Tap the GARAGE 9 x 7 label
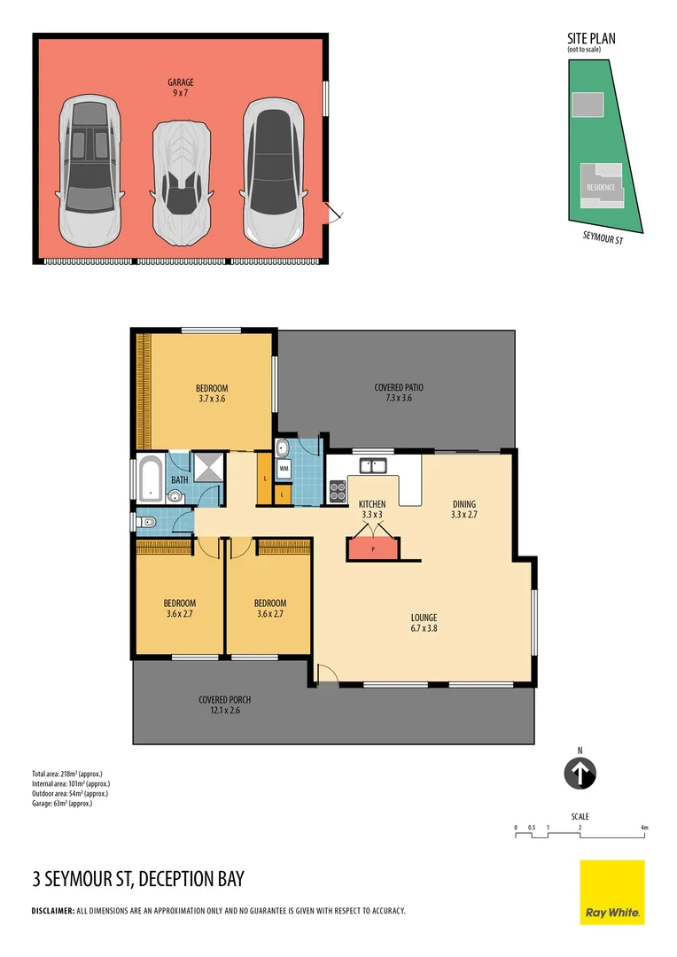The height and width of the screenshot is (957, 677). pyautogui.click(x=181, y=87)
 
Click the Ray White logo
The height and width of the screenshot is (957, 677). pyautogui.click(x=612, y=892)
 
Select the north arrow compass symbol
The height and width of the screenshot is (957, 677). pyautogui.click(x=580, y=774)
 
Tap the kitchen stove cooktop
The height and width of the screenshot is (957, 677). pyautogui.click(x=338, y=490)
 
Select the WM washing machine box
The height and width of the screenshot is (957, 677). pyautogui.click(x=284, y=467)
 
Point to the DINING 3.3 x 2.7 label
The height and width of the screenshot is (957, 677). pyautogui.click(x=463, y=509)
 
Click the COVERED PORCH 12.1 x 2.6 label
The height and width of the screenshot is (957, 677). pyautogui.click(x=225, y=704)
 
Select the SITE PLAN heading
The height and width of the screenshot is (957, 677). pyautogui.click(x=591, y=39)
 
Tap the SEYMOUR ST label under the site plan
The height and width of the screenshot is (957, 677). pyautogui.click(x=603, y=238)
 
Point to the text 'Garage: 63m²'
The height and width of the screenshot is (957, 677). pyautogui.click(x=62, y=803)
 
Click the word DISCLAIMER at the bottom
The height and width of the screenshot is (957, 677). pyautogui.click(x=52, y=911)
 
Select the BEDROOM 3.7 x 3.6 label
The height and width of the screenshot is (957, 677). pyautogui.click(x=212, y=393)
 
